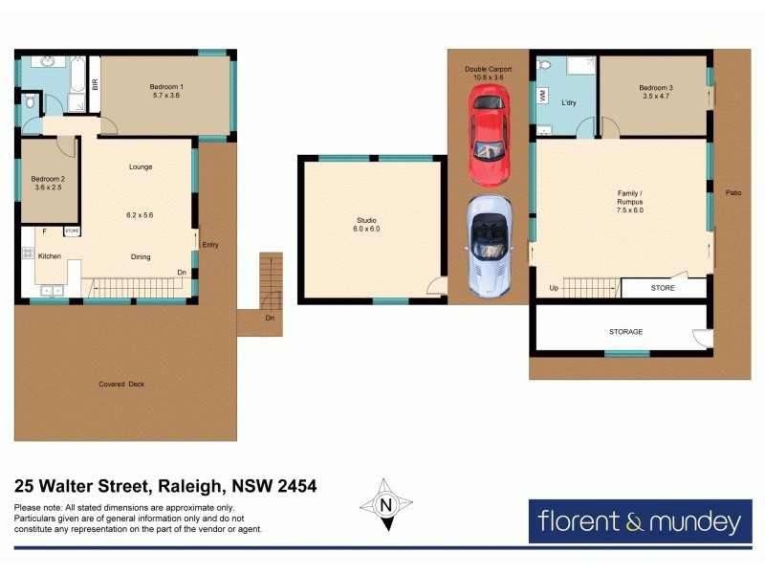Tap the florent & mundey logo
pyautogui.click(x=638, y=522)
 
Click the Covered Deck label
pyautogui.click(x=121, y=385)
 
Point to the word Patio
pyautogui.click(x=733, y=192)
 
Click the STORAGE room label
pyautogui.click(x=625, y=332)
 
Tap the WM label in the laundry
pyautogui.click(x=543, y=95)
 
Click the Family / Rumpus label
pyautogui.click(x=628, y=198)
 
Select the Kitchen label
pyautogui.click(x=49, y=255)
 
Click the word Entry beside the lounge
pyautogui.click(x=210, y=245)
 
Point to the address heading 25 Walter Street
pyautogui.click(x=165, y=486)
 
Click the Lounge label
pyautogui.click(x=141, y=167)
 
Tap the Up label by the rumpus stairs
pyautogui.click(x=554, y=288)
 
